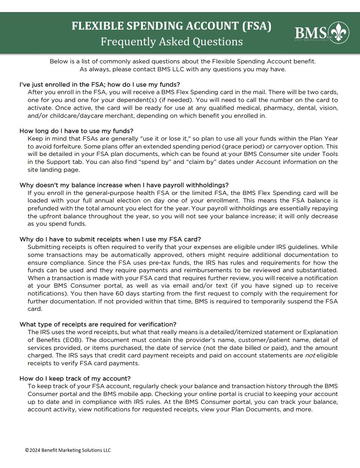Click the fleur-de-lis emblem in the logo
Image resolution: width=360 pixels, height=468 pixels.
(x=339, y=33)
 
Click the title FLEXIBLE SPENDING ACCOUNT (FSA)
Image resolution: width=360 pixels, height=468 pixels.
(x=171, y=26)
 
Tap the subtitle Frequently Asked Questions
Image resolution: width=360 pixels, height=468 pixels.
(x=171, y=41)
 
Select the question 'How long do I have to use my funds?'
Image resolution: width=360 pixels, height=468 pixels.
(x=76, y=131)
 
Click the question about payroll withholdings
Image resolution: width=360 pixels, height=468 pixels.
(x=124, y=185)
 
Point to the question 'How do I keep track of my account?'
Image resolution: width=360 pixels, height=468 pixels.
(x=75, y=378)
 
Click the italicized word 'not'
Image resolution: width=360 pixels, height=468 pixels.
(x=310, y=355)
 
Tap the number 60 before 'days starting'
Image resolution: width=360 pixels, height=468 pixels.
(x=120, y=294)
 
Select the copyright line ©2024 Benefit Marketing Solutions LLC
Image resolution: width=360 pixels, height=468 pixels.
(x=68, y=450)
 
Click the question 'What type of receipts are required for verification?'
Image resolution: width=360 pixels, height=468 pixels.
(x=98, y=324)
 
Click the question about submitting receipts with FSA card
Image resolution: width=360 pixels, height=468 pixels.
(x=110, y=239)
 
